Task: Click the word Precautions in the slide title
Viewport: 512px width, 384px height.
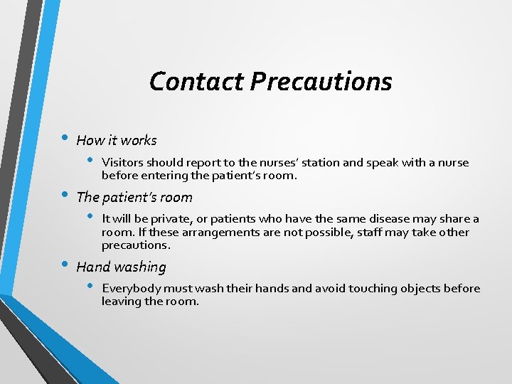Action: [321, 81]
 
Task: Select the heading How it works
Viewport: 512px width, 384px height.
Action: [116, 140]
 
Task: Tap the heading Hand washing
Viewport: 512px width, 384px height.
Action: [121, 267]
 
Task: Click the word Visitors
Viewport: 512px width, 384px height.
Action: [123, 163]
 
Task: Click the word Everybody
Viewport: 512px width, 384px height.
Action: [131, 289]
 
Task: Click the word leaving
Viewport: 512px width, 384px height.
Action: [121, 302]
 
